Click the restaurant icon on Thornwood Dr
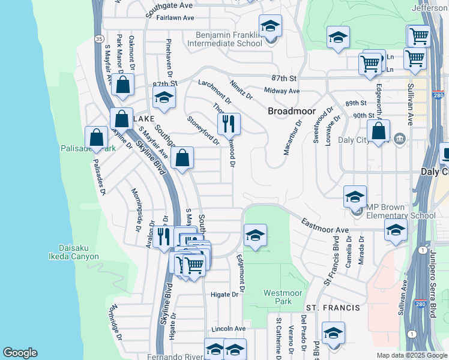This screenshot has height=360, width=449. (229, 124)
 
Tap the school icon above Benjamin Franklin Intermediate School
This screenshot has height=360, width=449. (270, 26)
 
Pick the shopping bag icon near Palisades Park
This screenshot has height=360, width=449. (96, 137)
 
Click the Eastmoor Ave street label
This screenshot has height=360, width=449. (325, 226)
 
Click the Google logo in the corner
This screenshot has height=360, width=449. (20, 353)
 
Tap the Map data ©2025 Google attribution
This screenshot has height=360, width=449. (412, 355)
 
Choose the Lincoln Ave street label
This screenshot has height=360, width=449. (228, 329)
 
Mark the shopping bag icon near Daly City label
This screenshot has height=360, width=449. (378, 131)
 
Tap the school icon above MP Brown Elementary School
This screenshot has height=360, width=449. (355, 196)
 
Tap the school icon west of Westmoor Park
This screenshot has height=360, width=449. (255, 235)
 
